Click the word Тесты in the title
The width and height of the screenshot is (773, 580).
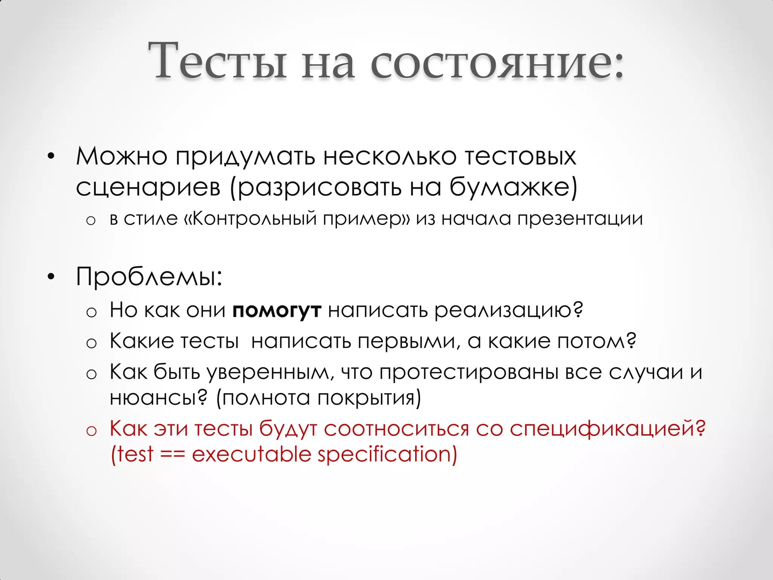click(x=217, y=60)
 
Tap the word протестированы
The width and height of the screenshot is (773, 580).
click(x=468, y=373)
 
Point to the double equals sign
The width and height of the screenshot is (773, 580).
click(x=173, y=454)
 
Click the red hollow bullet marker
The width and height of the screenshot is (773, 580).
click(x=91, y=431)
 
